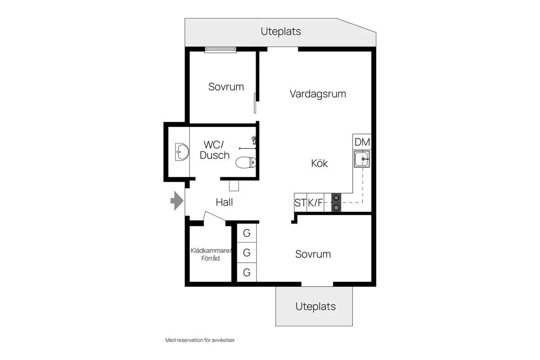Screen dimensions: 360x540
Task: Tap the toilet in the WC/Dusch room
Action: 246,162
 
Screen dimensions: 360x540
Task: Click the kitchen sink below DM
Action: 362,159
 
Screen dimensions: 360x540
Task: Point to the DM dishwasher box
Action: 362,142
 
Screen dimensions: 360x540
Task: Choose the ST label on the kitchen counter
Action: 300,203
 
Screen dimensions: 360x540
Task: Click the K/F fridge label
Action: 315,203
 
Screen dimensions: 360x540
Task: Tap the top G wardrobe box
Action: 247,233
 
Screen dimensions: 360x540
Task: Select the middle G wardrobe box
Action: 247,253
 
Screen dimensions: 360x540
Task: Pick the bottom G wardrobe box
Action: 247,272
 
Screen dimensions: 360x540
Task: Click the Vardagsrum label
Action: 318,94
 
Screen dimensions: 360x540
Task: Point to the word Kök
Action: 319,163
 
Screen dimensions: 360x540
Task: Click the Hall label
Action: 224,202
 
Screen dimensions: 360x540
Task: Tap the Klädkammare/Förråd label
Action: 211,254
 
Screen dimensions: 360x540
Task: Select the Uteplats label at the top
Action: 281,31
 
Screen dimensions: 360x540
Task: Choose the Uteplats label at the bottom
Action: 315,306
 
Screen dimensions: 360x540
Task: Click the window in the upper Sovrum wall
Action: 220,49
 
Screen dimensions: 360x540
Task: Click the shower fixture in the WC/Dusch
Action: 254,141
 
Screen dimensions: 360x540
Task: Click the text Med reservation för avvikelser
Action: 200,340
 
